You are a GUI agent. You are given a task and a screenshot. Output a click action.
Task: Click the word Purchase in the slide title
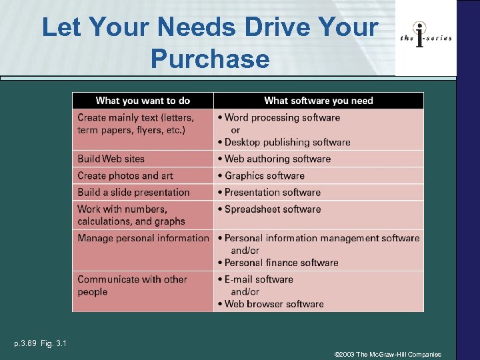(210, 59)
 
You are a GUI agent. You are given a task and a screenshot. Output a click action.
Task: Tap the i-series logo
(426, 37)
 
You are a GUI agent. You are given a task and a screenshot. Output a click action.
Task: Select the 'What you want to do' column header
(143, 101)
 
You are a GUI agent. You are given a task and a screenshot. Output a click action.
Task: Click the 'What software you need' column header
(319, 101)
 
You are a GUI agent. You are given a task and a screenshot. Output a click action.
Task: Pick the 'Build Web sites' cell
(111, 159)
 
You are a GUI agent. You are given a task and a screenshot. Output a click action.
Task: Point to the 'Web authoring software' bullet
(277, 159)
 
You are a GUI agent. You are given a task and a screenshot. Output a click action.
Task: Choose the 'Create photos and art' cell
(125, 176)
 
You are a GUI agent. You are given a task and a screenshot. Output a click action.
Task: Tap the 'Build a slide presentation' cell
(133, 192)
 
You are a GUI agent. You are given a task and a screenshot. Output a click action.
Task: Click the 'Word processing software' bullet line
(282, 117)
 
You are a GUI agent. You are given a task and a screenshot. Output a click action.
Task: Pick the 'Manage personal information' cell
(143, 238)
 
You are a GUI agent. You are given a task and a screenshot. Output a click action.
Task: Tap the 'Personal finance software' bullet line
(281, 263)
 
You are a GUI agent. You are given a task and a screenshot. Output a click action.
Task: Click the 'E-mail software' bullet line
(259, 279)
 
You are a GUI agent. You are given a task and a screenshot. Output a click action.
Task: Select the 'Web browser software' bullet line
(274, 304)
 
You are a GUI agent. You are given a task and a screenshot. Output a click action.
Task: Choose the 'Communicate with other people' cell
(132, 285)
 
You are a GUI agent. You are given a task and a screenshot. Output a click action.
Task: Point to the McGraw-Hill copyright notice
(387, 355)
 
